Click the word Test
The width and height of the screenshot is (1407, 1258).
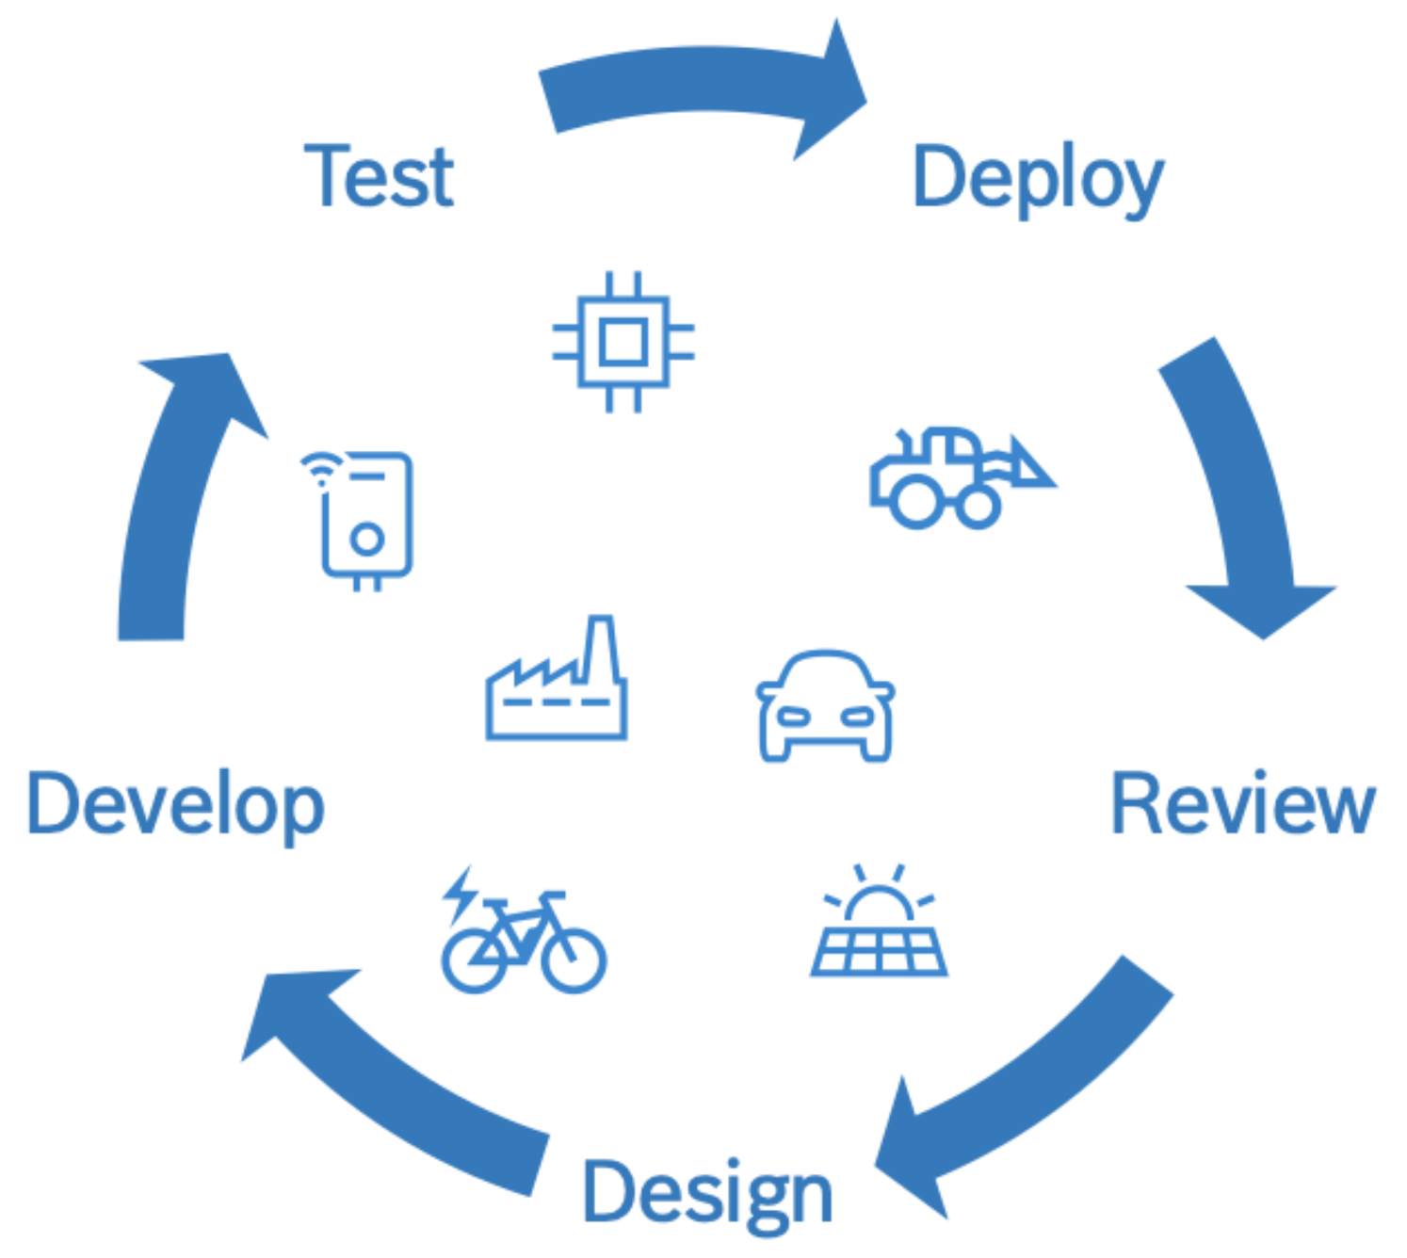380,176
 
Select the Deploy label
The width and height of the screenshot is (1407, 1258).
1037,179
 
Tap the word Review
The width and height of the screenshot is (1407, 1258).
1242,804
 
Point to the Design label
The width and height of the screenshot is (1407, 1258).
707,1192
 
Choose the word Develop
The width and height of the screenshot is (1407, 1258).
176,806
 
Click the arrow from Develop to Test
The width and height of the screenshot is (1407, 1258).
174,490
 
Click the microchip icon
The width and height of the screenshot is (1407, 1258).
623,342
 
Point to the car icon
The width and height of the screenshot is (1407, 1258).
826,706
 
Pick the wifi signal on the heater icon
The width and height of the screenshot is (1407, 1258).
321,467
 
